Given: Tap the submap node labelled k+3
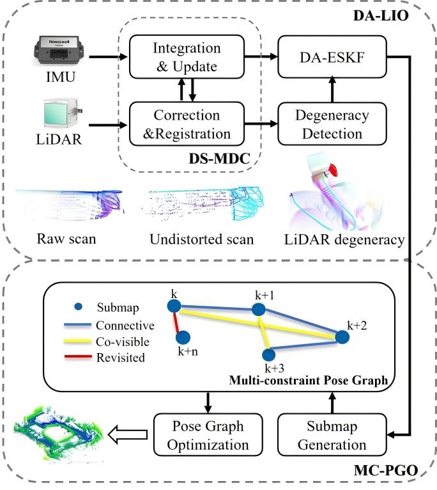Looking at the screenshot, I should pyautogui.click(x=269, y=354).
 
